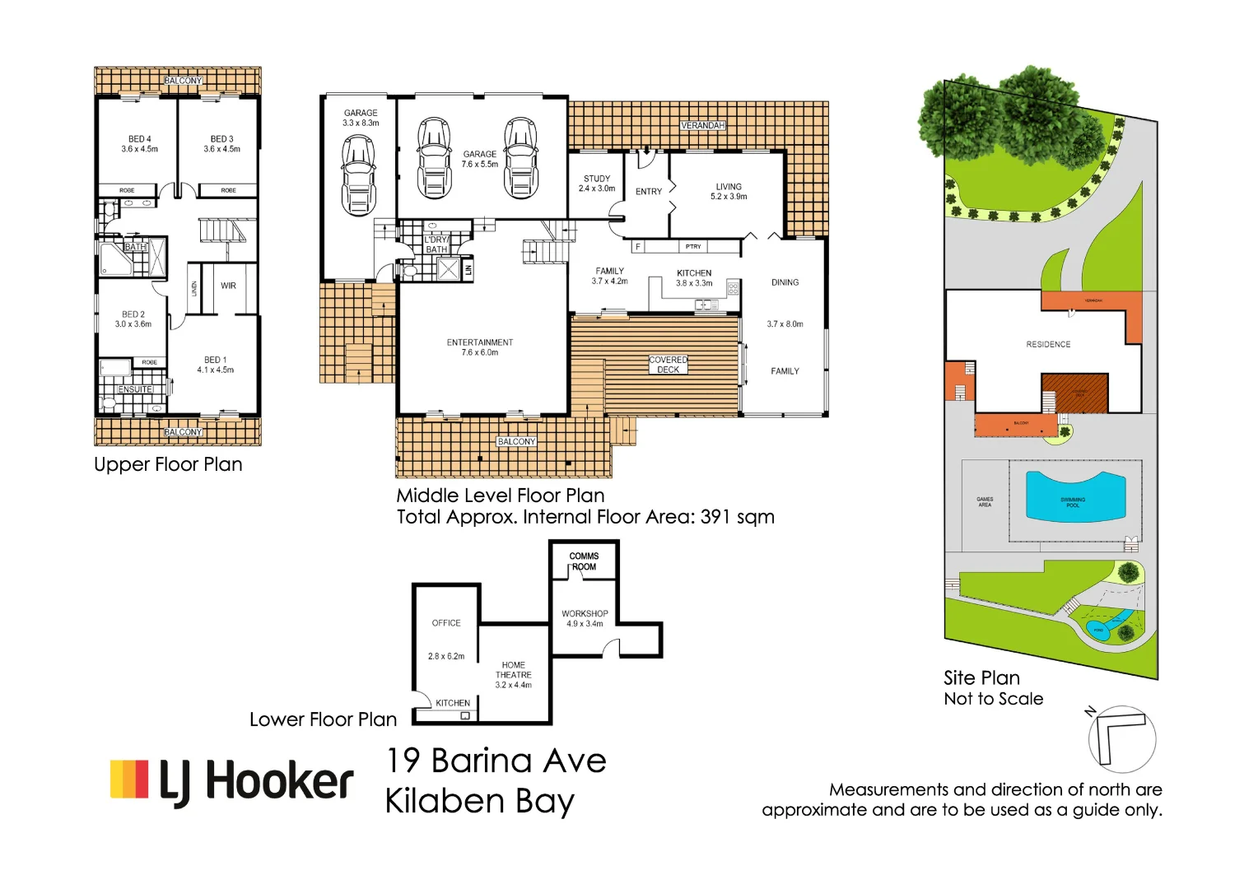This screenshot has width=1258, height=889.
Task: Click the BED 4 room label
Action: (x=139, y=139)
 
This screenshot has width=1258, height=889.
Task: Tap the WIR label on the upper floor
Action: (x=228, y=286)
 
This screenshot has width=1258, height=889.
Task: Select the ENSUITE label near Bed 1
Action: (x=136, y=389)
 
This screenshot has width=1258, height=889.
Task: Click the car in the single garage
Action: (x=358, y=175)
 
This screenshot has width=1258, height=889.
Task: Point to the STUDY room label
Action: (x=597, y=179)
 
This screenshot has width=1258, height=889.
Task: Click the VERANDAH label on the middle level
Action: (x=702, y=125)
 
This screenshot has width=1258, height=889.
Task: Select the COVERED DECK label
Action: (x=668, y=365)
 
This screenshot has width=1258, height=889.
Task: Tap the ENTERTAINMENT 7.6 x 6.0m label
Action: (x=480, y=347)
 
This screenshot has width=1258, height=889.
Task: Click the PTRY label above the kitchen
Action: (x=693, y=246)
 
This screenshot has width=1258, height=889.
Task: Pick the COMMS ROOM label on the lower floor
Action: (x=584, y=561)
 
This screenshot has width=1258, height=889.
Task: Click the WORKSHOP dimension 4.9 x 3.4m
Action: (x=585, y=624)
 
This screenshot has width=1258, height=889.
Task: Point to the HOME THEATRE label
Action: (x=513, y=670)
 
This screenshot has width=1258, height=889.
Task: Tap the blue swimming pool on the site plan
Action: (x=1074, y=498)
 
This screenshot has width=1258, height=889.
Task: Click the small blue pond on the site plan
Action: (x=1098, y=631)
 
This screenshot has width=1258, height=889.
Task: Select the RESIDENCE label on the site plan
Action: (x=1048, y=344)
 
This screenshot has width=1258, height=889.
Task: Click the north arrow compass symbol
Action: (x=1121, y=738)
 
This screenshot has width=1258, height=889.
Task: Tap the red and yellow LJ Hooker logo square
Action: (x=129, y=780)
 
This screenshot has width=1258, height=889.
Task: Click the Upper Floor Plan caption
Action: (x=168, y=464)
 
